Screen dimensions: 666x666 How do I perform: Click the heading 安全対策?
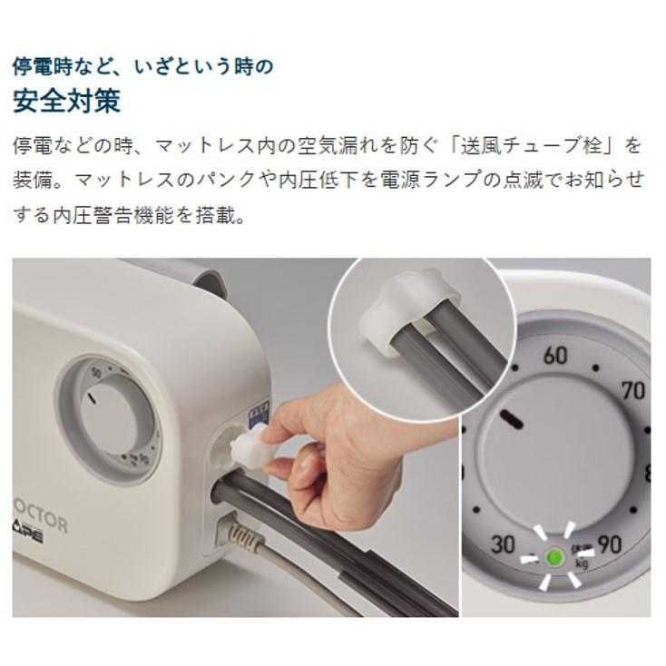tap(66, 101)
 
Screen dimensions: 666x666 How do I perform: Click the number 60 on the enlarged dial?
tap(555, 355)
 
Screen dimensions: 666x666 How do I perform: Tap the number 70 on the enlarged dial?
tap(633, 391)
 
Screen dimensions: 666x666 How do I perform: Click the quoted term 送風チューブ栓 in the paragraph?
tap(534, 145)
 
